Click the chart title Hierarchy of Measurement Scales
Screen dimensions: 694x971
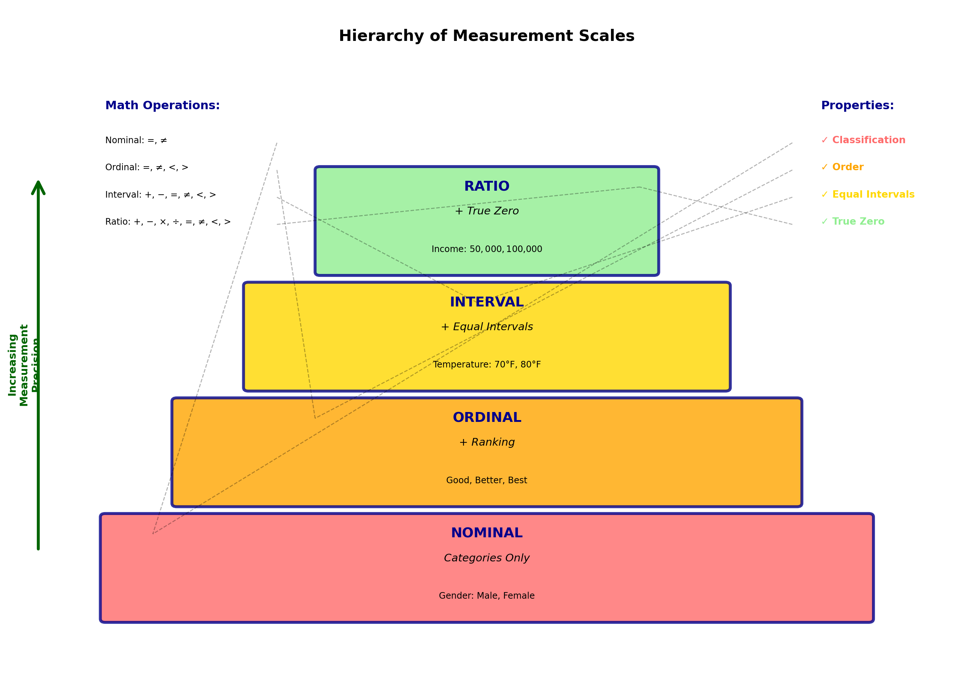tap(486, 36)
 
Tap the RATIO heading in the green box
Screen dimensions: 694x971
tap(486, 186)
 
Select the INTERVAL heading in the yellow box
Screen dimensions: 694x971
tap(486, 302)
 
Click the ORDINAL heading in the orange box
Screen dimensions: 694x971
tap(486, 417)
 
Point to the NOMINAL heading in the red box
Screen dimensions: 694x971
tap(486, 533)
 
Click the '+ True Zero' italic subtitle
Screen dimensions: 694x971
tap(486, 211)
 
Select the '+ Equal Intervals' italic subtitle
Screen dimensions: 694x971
tap(486, 327)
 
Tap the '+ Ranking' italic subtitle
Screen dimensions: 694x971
tap(486, 442)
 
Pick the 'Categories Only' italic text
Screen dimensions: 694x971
tap(486, 558)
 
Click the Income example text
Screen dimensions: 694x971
tap(486, 249)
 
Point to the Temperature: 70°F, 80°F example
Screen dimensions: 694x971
tap(486, 365)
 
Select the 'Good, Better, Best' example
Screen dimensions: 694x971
tap(486, 480)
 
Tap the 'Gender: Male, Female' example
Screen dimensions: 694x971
tap(486, 596)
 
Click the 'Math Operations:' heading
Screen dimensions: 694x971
tap(163, 106)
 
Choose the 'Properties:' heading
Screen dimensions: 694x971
tap(857, 106)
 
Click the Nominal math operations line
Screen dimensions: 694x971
tap(136, 141)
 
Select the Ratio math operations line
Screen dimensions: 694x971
tap(168, 222)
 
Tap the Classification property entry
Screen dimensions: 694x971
tap(863, 140)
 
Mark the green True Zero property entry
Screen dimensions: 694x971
tap(853, 221)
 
